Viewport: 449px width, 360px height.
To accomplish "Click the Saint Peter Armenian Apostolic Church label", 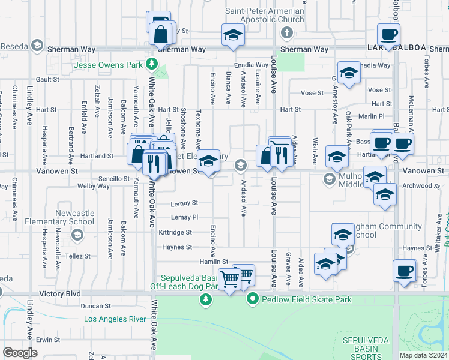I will [264, 15].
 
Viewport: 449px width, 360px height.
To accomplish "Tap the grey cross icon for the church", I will [286, 32].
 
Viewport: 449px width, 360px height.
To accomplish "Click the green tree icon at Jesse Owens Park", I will [152, 62].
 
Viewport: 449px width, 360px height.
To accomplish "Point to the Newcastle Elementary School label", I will [75, 217].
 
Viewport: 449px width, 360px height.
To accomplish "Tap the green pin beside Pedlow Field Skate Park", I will [253, 298].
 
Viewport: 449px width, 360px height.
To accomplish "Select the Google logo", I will [20, 353].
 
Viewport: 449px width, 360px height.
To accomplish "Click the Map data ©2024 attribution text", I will [423, 355].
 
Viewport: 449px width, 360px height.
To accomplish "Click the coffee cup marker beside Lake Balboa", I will [388, 34].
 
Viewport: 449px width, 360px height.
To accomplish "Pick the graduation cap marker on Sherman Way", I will [233, 34].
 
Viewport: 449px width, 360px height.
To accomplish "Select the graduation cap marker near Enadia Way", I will [349, 73].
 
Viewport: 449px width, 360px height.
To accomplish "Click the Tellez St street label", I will [78, 256].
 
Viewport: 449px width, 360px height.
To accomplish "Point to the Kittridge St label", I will [175, 232].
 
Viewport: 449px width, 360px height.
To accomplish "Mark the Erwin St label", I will [44, 340].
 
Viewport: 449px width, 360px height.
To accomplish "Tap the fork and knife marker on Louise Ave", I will [280, 154].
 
